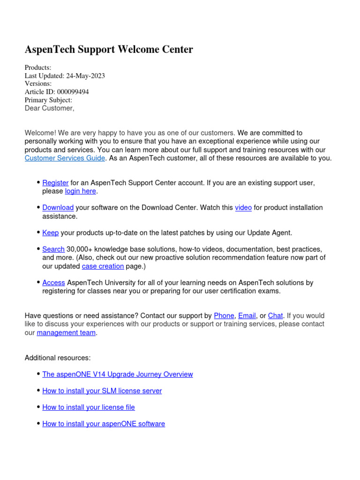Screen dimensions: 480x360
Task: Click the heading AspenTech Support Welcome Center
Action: point(109,50)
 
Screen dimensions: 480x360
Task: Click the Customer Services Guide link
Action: point(65,158)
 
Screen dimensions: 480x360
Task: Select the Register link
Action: point(55,183)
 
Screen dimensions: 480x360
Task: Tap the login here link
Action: point(81,191)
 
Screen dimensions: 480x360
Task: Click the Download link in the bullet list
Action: point(58,208)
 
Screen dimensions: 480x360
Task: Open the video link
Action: point(243,208)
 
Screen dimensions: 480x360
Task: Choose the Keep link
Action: point(50,233)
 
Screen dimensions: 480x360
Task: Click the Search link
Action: point(53,249)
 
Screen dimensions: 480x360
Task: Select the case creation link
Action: point(103,266)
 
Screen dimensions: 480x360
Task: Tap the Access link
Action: point(53,283)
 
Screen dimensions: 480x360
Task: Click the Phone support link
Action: point(224,316)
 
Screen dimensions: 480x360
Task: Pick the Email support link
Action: point(247,316)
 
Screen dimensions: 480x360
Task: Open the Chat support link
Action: point(275,316)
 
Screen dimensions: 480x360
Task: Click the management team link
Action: point(66,333)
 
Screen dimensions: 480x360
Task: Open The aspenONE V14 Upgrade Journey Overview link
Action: point(117,375)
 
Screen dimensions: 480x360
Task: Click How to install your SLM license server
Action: point(102,391)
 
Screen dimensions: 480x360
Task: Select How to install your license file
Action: point(88,407)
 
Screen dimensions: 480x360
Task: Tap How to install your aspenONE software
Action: point(103,424)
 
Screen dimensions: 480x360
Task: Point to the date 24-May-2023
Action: point(85,76)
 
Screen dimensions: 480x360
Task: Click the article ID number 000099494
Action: point(73,92)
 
